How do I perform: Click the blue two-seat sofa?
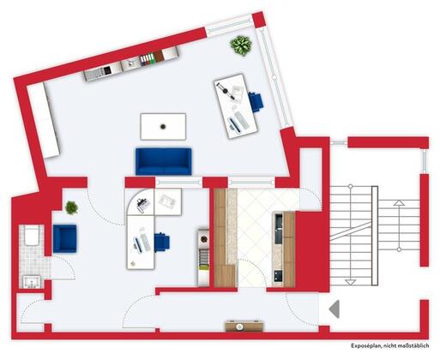click(164, 161)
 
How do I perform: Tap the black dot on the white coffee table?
click(163, 127)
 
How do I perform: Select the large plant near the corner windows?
click(241, 45)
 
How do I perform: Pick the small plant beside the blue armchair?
click(71, 207)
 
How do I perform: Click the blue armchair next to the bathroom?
click(65, 238)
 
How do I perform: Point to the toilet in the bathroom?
click(32, 236)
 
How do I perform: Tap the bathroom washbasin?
click(32, 282)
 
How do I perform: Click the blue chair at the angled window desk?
click(256, 102)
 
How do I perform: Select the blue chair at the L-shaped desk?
click(162, 242)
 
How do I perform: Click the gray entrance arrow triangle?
click(335, 309)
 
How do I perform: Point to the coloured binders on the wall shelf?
click(148, 60)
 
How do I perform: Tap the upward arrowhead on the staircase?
click(399, 203)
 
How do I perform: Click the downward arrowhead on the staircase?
click(351, 282)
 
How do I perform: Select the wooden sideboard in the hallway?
click(244, 326)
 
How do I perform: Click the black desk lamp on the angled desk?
click(226, 92)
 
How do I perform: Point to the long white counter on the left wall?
click(44, 120)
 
